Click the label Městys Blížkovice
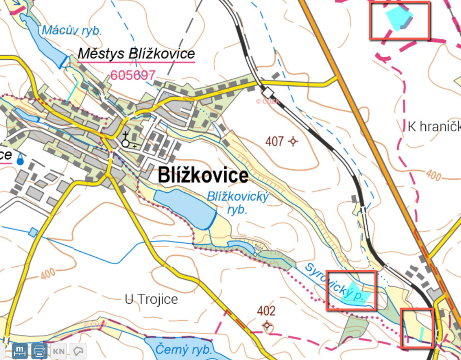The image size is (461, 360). pyautogui.click(x=136, y=54)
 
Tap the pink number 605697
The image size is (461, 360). pyautogui.click(x=133, y=75)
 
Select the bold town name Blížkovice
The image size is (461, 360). pyautogui.click(x=203, y=176)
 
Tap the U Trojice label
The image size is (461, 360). pyautogui.click(x=151, y=300)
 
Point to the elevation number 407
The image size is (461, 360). pyautogui.click(x=275, y=141)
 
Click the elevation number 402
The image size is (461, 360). pyautogui.click(x=266, y=311)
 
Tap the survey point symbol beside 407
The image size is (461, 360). pyautogui.click(x=293, y=141)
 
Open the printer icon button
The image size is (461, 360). pyautogui.click(x=39, y=351)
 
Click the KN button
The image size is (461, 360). pyautogui.click(x=59, y=351)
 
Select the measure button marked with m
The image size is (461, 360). pyautogui.click(x=20, y=351)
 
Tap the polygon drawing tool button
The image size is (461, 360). pyautogui.click(x=78, y=351)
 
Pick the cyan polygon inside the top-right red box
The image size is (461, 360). pyautogui.click(x=398, y=17)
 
